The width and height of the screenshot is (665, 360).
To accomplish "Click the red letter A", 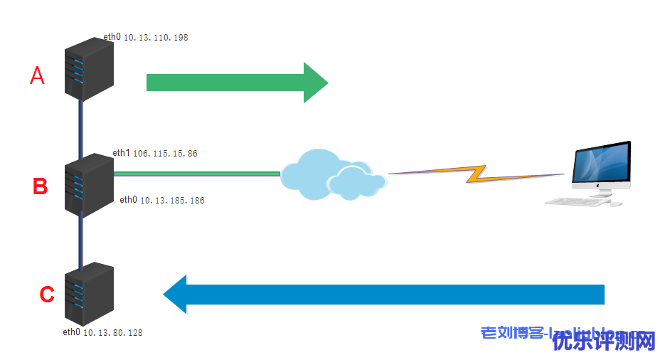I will (x=37, y=75).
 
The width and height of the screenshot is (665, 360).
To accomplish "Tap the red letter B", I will (x=41, y=187).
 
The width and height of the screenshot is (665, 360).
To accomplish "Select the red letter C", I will (x=46, y=294).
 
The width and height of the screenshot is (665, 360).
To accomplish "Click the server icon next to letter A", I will (x=89, y=68).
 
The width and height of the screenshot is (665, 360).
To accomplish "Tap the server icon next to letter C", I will (x=89, y=293).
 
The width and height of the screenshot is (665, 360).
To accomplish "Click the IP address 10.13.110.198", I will (x=156, y=37).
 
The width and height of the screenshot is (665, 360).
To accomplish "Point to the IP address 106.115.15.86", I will (x=165, y=154).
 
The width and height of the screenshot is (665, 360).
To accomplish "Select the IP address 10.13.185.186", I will (x=171, y=201).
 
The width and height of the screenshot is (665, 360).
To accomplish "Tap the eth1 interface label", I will (x=122, y=153).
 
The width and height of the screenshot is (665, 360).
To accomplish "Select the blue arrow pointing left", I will (x=384, y=294).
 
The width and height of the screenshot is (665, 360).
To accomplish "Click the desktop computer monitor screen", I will (x=603, y=163).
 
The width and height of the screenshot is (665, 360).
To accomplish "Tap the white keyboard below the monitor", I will (x=576, y=202).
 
